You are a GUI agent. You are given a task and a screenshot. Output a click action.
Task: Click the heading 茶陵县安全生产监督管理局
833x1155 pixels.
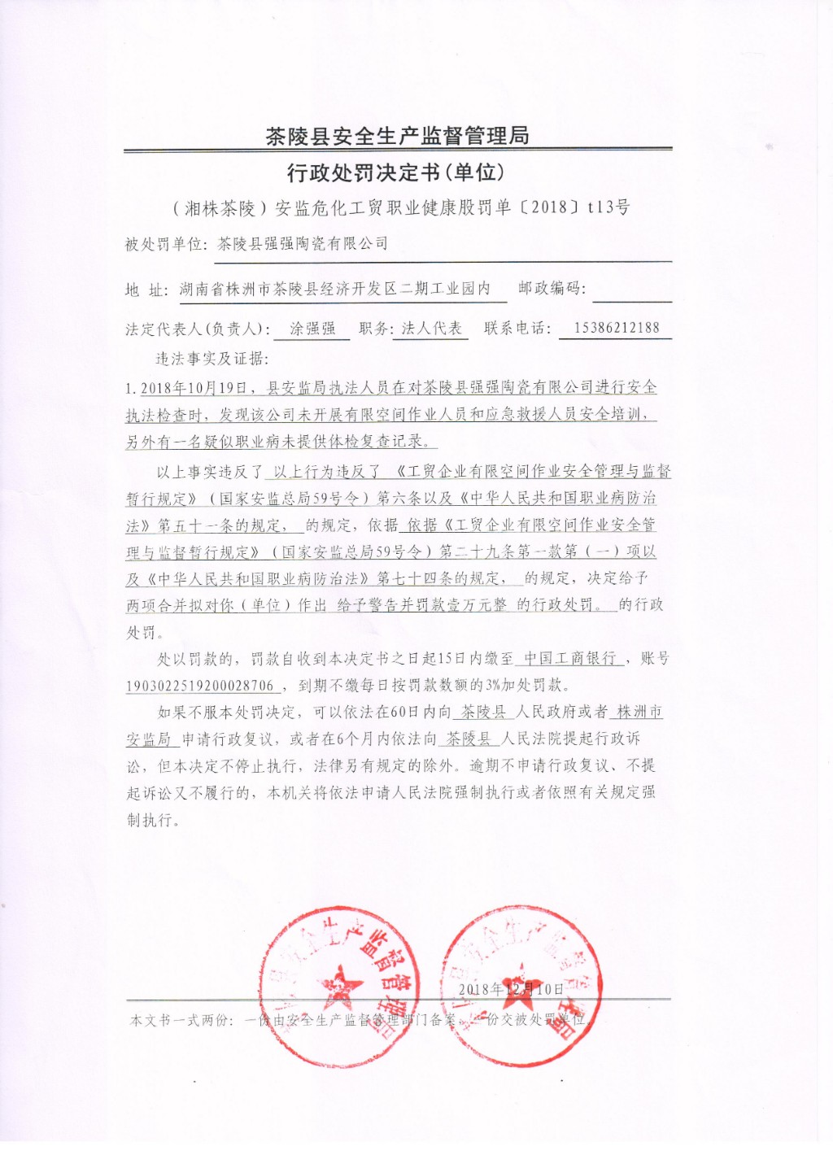[397, 136]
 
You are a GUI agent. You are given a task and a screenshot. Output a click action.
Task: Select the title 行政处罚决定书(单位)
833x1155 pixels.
[396, 173]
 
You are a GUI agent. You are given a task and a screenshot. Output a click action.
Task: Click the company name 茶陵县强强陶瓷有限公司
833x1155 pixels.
[303, 244]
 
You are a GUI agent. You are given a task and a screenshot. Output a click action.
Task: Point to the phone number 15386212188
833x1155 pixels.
[617, 329]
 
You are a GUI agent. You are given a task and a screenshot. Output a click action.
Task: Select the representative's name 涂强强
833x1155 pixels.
[313, 329]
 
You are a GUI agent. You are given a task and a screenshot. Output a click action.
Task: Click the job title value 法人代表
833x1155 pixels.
[431, 329]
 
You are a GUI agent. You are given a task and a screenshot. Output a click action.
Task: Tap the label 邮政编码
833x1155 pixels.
[551, 288]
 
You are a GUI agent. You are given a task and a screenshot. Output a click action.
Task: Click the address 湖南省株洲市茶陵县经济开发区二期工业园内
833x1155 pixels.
[335, 290]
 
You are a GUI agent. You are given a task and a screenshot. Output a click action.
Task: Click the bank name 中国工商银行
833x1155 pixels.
[570, 659]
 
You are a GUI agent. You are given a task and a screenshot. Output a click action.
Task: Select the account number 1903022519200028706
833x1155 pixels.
[200, 686]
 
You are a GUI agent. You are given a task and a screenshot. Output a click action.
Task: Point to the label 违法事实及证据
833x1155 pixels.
[212, 359]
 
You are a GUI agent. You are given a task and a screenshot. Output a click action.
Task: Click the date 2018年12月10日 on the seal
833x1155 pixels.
[511, 989]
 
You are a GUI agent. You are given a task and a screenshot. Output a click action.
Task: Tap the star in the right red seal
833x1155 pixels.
[514, 979]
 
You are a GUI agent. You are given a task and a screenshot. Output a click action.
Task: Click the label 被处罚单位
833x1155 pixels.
[166, 244]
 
